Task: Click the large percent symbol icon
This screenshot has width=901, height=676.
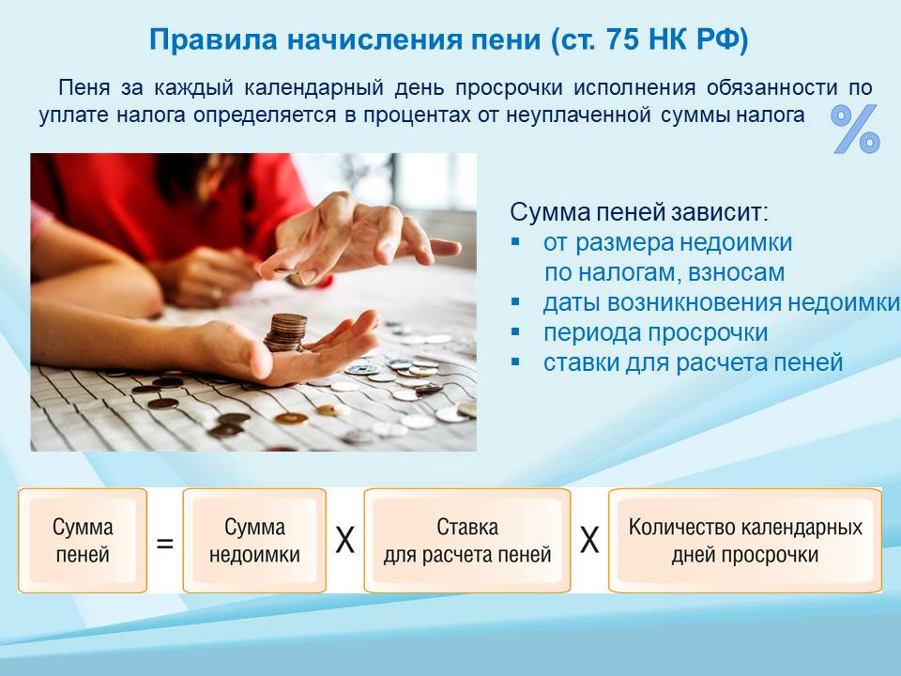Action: click(856, 129)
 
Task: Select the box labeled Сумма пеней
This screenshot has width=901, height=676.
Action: click(83, 541)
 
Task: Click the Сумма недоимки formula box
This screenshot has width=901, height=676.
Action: click(254, 541)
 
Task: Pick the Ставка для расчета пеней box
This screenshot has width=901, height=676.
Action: click(467, 541)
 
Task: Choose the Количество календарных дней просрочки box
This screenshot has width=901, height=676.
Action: click(745, 541)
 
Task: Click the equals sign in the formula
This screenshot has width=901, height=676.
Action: click(165, 543)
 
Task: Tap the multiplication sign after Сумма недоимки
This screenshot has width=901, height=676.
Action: click(344, 541)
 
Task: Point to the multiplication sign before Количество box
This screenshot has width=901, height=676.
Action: click(589, 541)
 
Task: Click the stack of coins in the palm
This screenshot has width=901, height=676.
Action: click(285, 332)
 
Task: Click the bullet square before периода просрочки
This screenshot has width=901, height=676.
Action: click(515, 331)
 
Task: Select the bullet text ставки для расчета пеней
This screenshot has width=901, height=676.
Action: click(693, 362)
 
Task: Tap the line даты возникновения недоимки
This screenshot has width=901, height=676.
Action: click(721, 303)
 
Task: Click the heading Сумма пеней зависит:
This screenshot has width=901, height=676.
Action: click(639, 212)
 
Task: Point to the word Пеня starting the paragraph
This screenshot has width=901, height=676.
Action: click(84, 88)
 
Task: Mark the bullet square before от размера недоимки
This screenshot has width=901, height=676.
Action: click(515, 241)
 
